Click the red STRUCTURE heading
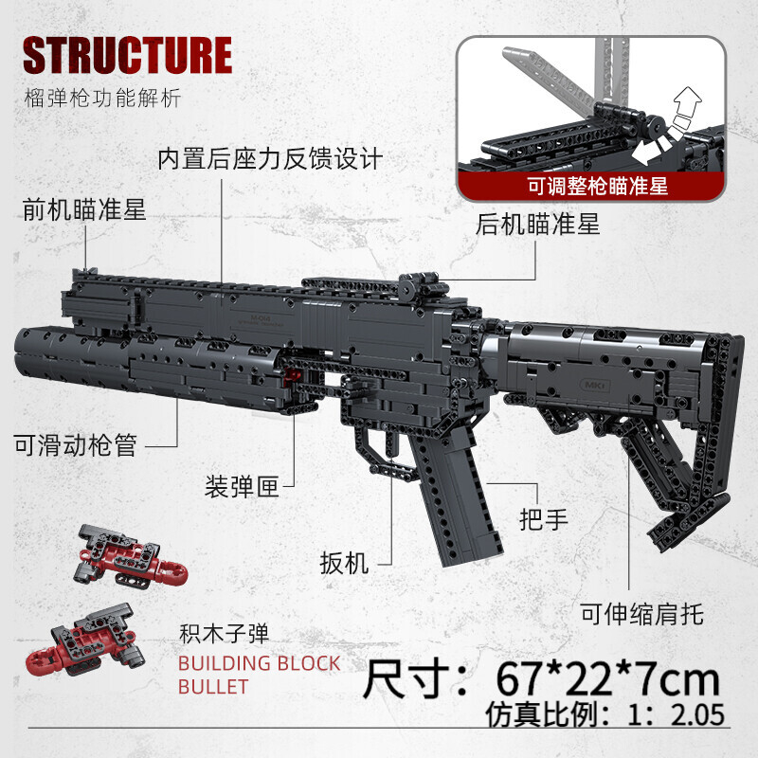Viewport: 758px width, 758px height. point(128,55)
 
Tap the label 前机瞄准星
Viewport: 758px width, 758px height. point(84,209)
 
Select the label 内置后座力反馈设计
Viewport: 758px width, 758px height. point(270,158)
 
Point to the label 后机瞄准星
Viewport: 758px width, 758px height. point(537,225)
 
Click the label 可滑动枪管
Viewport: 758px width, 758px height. point(76,444)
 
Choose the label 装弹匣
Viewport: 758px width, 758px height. point(242,486)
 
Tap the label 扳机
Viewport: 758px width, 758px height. point(344,563)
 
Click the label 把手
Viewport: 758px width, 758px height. point(544,519)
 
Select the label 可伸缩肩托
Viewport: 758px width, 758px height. point(642,614)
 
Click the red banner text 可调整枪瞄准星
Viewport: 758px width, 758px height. point(598,186)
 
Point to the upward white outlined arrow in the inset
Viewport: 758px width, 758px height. point(688,102)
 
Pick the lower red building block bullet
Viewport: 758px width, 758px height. point(85,639)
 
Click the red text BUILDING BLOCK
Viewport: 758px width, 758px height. point(259,664)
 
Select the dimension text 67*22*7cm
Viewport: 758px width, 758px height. point(607,680)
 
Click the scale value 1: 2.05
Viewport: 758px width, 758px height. point(677,715)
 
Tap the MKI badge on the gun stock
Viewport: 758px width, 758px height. point(595,386)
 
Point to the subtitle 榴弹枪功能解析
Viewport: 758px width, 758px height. point(102,99)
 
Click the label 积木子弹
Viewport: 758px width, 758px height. point(224,634)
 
